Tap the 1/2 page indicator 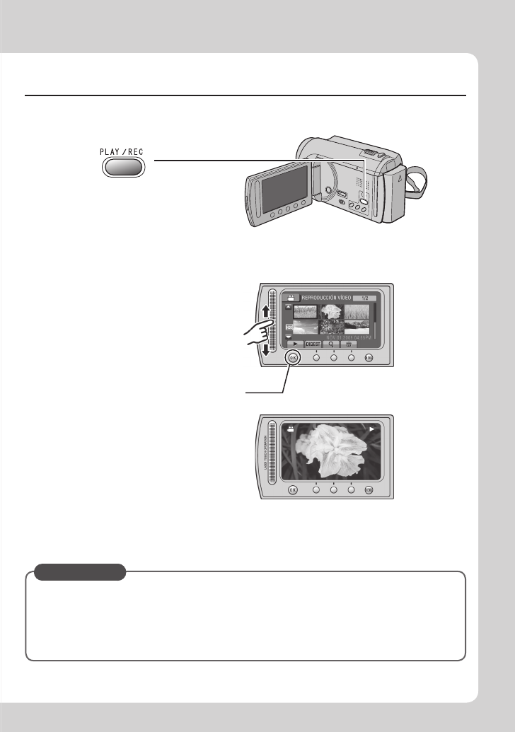(x=364, y=298)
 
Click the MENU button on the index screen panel (x=369, y=358)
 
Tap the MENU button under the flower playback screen (x=369, y=489)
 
